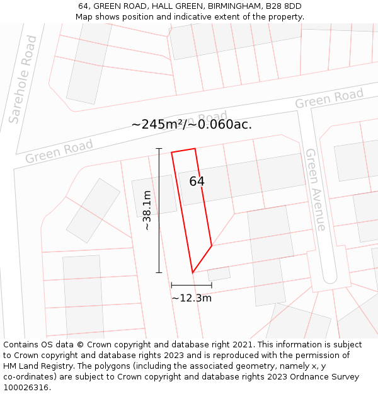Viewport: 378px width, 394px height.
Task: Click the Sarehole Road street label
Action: (x=23, y=79)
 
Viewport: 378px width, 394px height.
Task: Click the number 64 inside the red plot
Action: (x=197, y=182)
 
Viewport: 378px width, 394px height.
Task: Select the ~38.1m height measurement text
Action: (x=147, y=210)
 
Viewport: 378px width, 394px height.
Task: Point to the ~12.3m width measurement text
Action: (x=192, y=298)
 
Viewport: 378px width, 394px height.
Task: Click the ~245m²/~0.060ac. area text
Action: (x=192, y=124)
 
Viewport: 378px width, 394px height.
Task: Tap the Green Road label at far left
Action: (x=59, y=151)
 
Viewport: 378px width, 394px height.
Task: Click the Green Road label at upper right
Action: (x=329, y=99)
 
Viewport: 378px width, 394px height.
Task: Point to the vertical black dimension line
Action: (x=159, y=210)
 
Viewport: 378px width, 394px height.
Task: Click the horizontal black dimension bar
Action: (x=192, y=286)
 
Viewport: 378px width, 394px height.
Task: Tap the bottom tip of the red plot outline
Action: (x=192, y=272)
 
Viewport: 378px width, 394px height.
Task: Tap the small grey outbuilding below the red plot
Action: (x=219, y=274)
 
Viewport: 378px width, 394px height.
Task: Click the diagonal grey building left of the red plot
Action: (x=93, y=211)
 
